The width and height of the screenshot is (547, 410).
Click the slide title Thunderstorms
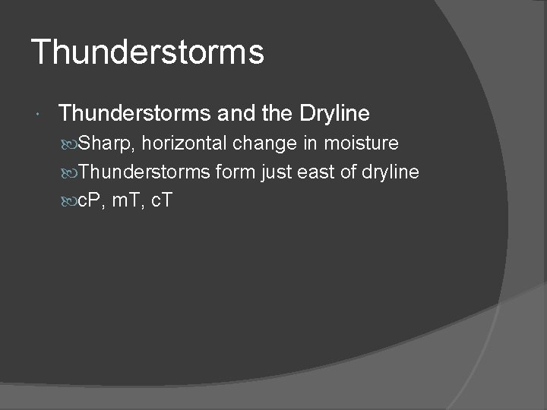coord(147,53)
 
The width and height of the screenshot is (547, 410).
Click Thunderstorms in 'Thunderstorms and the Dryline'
coord(135,114)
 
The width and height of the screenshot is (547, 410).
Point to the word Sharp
coord(107,143)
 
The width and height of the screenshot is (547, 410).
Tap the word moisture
coord(363,143)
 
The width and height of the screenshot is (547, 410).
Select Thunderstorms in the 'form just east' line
coord(144,172)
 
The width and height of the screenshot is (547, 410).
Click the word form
coord(235,172)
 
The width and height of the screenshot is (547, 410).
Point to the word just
coord(277,172)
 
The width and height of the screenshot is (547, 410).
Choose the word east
coord(318,172)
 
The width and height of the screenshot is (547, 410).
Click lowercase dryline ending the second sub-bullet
coord(390,173)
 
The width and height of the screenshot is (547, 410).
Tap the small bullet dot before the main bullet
coord(39,115)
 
